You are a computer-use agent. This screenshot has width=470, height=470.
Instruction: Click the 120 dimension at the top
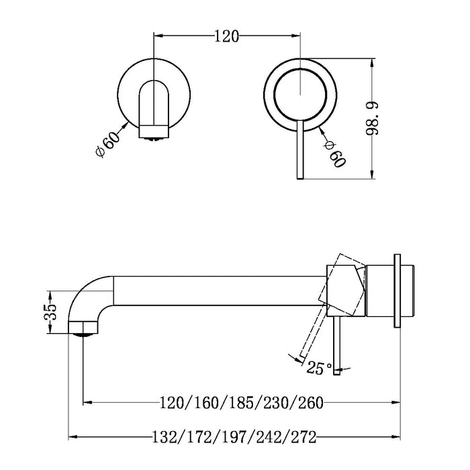click(227, 37)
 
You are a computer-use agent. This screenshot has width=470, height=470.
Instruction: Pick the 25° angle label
click(320, 367)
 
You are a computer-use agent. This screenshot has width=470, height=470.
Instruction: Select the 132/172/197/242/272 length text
click(233, 437)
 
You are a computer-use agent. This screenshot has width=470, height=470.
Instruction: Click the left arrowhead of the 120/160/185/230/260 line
click(87, 403)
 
